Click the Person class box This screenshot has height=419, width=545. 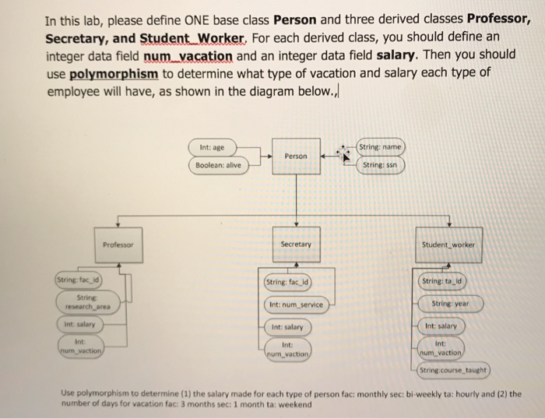[x=296, y=155]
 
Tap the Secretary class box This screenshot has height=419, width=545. [x=295, y=245]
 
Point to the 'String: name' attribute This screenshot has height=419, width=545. [x=381, y=146]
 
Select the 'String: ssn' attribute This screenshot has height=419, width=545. [x=380, y=165]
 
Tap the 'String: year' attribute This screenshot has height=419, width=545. [x=451, y=303]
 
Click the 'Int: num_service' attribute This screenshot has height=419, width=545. [x=297, y=304]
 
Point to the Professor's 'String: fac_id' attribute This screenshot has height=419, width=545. [x=76, y=280]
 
